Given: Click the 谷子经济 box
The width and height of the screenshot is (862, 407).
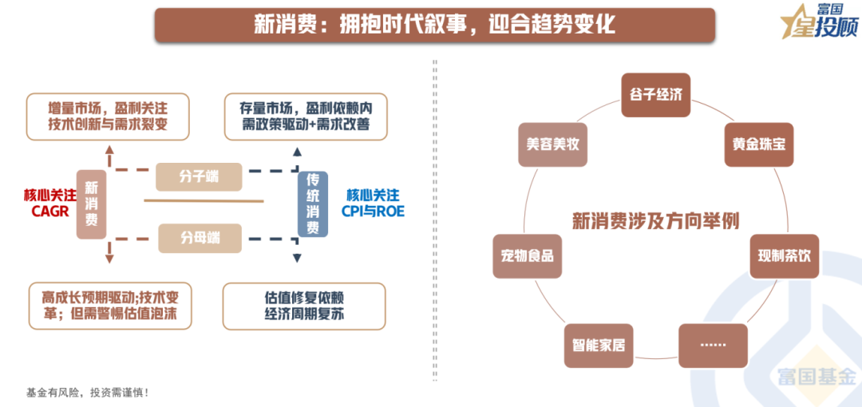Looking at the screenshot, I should [x=654, y=95].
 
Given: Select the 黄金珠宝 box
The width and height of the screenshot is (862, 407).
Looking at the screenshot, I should [x=759, y=144].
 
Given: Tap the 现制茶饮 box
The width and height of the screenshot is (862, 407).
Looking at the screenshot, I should [x=784, y=256].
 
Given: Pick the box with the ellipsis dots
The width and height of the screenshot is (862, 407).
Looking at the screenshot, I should [x=713, y=345].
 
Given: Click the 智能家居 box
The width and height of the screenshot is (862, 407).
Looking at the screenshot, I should [x=598, y=346].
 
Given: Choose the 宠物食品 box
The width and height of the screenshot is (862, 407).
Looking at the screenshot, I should [x=527, y=256].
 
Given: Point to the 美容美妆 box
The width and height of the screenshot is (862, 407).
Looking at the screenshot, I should [x=552, y=144].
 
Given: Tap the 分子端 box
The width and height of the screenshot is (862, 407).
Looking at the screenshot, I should [x=199, y=176].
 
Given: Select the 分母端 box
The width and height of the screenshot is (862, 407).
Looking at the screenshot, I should [x=200, y=237].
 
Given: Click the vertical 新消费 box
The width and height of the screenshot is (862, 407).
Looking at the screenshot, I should [x=91, y=203].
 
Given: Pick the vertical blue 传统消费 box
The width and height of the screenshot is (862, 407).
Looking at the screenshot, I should [x=313, y=203].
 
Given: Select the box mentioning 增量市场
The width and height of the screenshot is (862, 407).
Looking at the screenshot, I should [x=108, y=116].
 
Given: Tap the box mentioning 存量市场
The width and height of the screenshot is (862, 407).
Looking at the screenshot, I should [x=304, y=116].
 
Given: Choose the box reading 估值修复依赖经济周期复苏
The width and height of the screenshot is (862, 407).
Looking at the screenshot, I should [x=304, y=306].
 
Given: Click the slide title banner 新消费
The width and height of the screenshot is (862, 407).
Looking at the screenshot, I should [x=434, y=25].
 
